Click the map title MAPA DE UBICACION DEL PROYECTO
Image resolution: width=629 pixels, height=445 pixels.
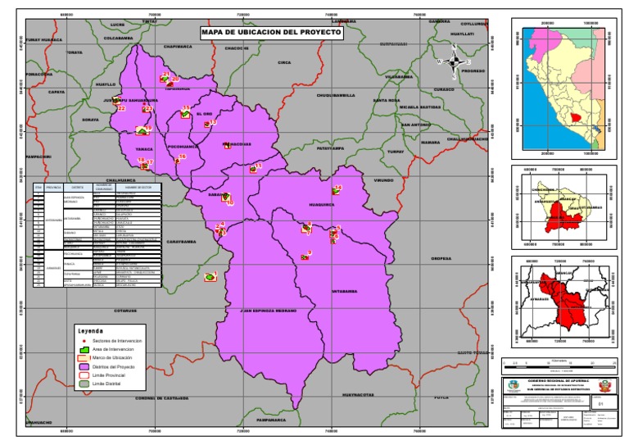[271, 33]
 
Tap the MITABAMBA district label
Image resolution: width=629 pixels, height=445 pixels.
[345, 291]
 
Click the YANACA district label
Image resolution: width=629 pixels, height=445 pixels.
[144, 149]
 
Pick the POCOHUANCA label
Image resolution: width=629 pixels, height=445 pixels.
[183, 147]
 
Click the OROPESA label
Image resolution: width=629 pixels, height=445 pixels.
[441, 259]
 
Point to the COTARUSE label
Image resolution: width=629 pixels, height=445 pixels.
[125, 311]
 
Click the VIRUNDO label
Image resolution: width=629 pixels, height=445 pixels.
[384, 179]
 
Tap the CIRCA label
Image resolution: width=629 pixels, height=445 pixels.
[284, 62]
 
